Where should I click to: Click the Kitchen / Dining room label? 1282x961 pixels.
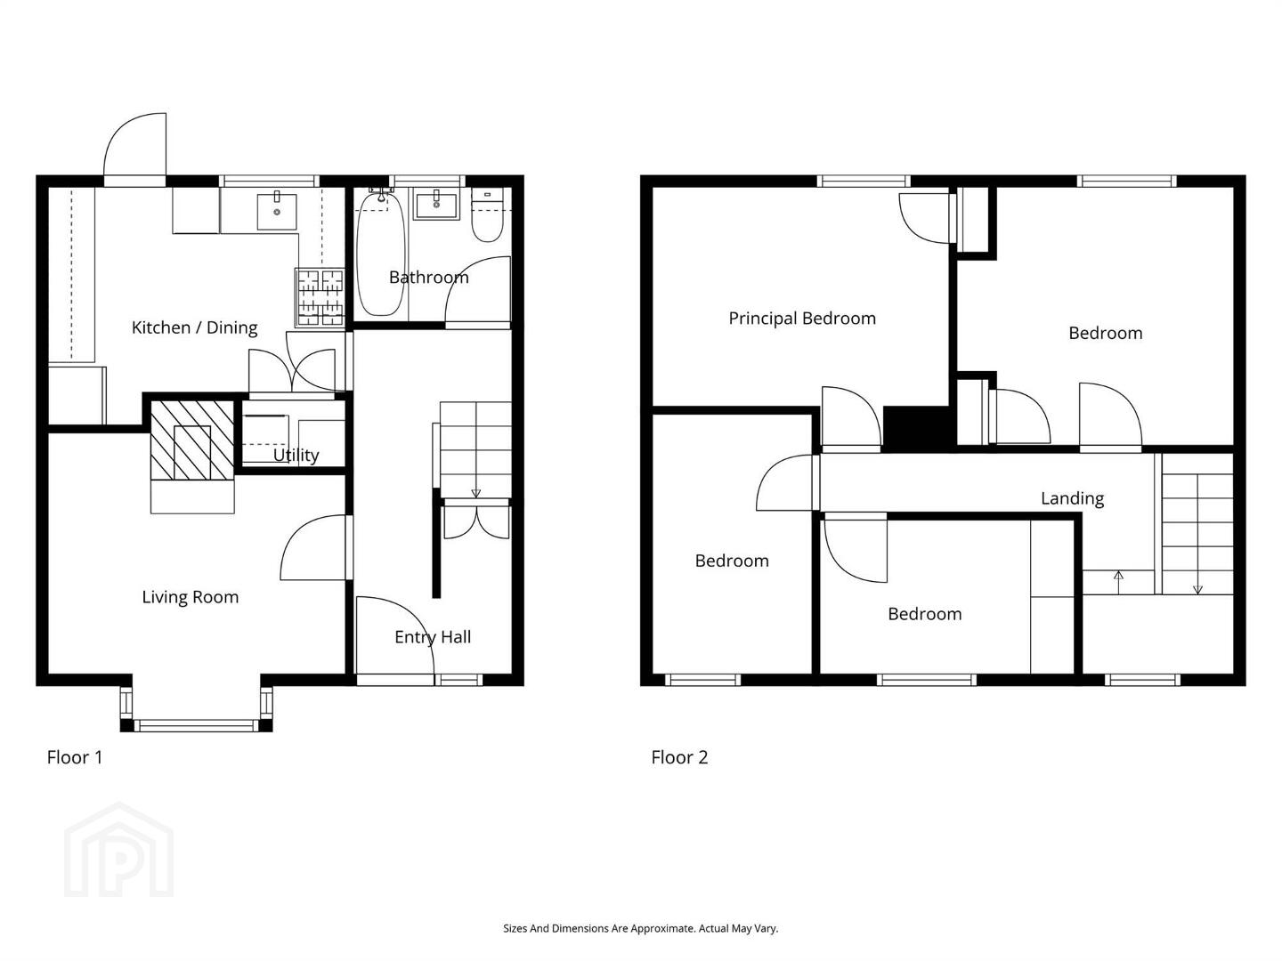(x=194, y=328)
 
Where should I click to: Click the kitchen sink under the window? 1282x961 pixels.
(x=277, y=212)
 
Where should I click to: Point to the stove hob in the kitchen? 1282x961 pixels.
(x=320, y=296)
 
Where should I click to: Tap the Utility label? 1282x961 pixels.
(x=296, y=455)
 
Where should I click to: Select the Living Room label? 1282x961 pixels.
(x=191, y=597)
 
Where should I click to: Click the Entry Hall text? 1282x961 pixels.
(x=433, y=637)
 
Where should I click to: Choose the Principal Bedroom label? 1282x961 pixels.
(x=802, y=319)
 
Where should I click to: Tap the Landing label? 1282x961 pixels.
(x=1072, y=499)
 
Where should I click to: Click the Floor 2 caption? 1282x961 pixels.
(x=679, y=758)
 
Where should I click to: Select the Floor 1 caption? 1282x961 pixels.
(x=75, y=758)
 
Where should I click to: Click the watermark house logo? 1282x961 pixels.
(x=118, y=851)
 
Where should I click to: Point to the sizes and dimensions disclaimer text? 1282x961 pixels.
(x=641, y=928)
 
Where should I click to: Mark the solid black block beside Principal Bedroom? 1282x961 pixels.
(x=916, y=429)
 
